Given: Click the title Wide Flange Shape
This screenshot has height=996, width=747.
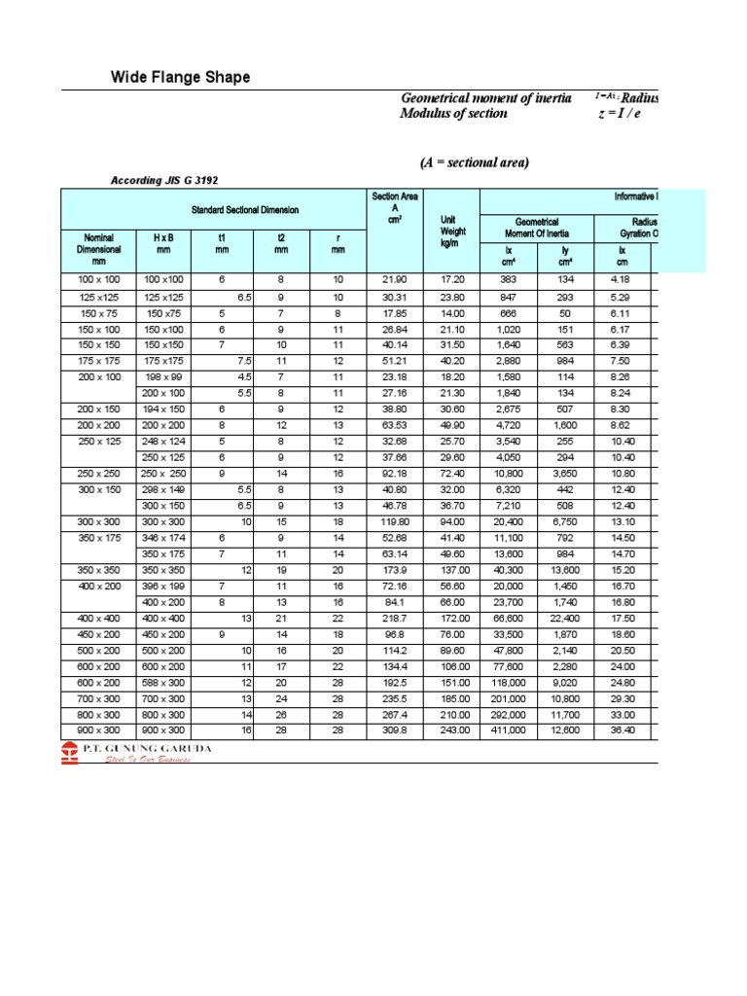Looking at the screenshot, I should coord(180,77).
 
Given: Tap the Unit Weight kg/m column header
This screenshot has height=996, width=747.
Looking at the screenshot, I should coord(452,231).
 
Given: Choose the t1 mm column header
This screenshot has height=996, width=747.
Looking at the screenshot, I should coord(221,243).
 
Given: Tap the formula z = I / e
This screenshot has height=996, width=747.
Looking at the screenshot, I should coord(620,113).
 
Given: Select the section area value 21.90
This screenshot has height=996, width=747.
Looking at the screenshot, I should coord(395,280).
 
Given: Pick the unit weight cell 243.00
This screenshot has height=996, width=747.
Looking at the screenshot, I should coord(452,730).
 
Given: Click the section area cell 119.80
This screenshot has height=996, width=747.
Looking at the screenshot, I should coord(395,521).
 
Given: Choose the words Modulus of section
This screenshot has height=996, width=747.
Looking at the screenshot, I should coord(453,113).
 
